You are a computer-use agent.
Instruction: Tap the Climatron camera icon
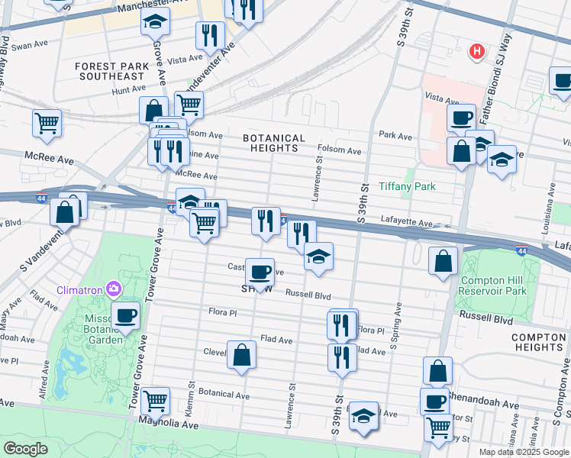tap(115, 289)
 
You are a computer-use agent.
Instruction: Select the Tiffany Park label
tap(428, 186)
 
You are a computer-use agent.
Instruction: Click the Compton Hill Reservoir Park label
tap(494, 285)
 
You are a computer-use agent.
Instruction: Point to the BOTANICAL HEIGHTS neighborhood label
tap(274, 143)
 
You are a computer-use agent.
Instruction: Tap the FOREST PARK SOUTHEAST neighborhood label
tap(111, 71)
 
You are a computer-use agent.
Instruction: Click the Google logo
tap(25, 449)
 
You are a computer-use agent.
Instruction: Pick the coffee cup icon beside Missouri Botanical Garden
tap(125, 314)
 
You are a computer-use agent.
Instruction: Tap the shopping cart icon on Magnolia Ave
tap(156, 398)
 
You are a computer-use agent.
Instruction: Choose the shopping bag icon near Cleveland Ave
tap(241, 354)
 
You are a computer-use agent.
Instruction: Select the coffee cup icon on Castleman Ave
tap(260, 272)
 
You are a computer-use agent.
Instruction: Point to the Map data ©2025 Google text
tap(523, 451)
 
